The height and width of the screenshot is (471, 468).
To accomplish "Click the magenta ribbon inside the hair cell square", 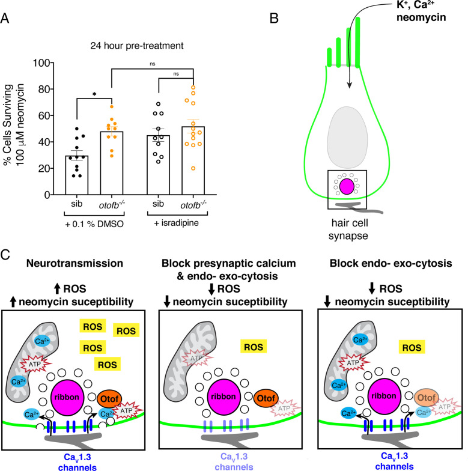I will (x=347, y=186).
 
